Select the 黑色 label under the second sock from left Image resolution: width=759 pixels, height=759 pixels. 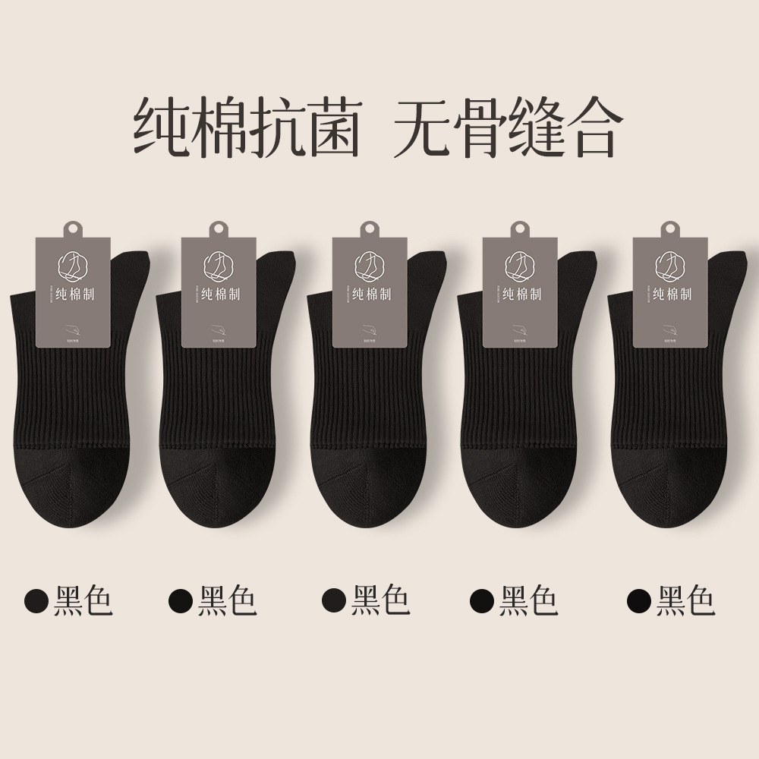(228, 600)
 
